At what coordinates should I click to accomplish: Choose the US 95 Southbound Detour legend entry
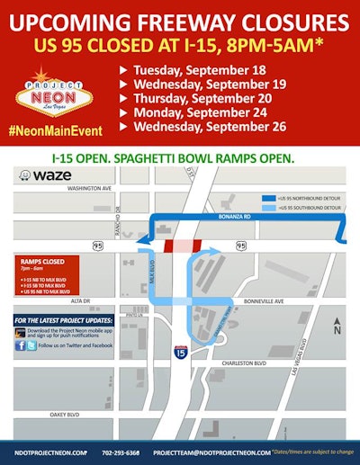tap(306, 208)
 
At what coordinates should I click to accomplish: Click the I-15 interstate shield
tap(180, 353)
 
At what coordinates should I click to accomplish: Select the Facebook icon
tap(20, 344)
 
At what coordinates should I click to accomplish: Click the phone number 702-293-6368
tap(121, 452)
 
